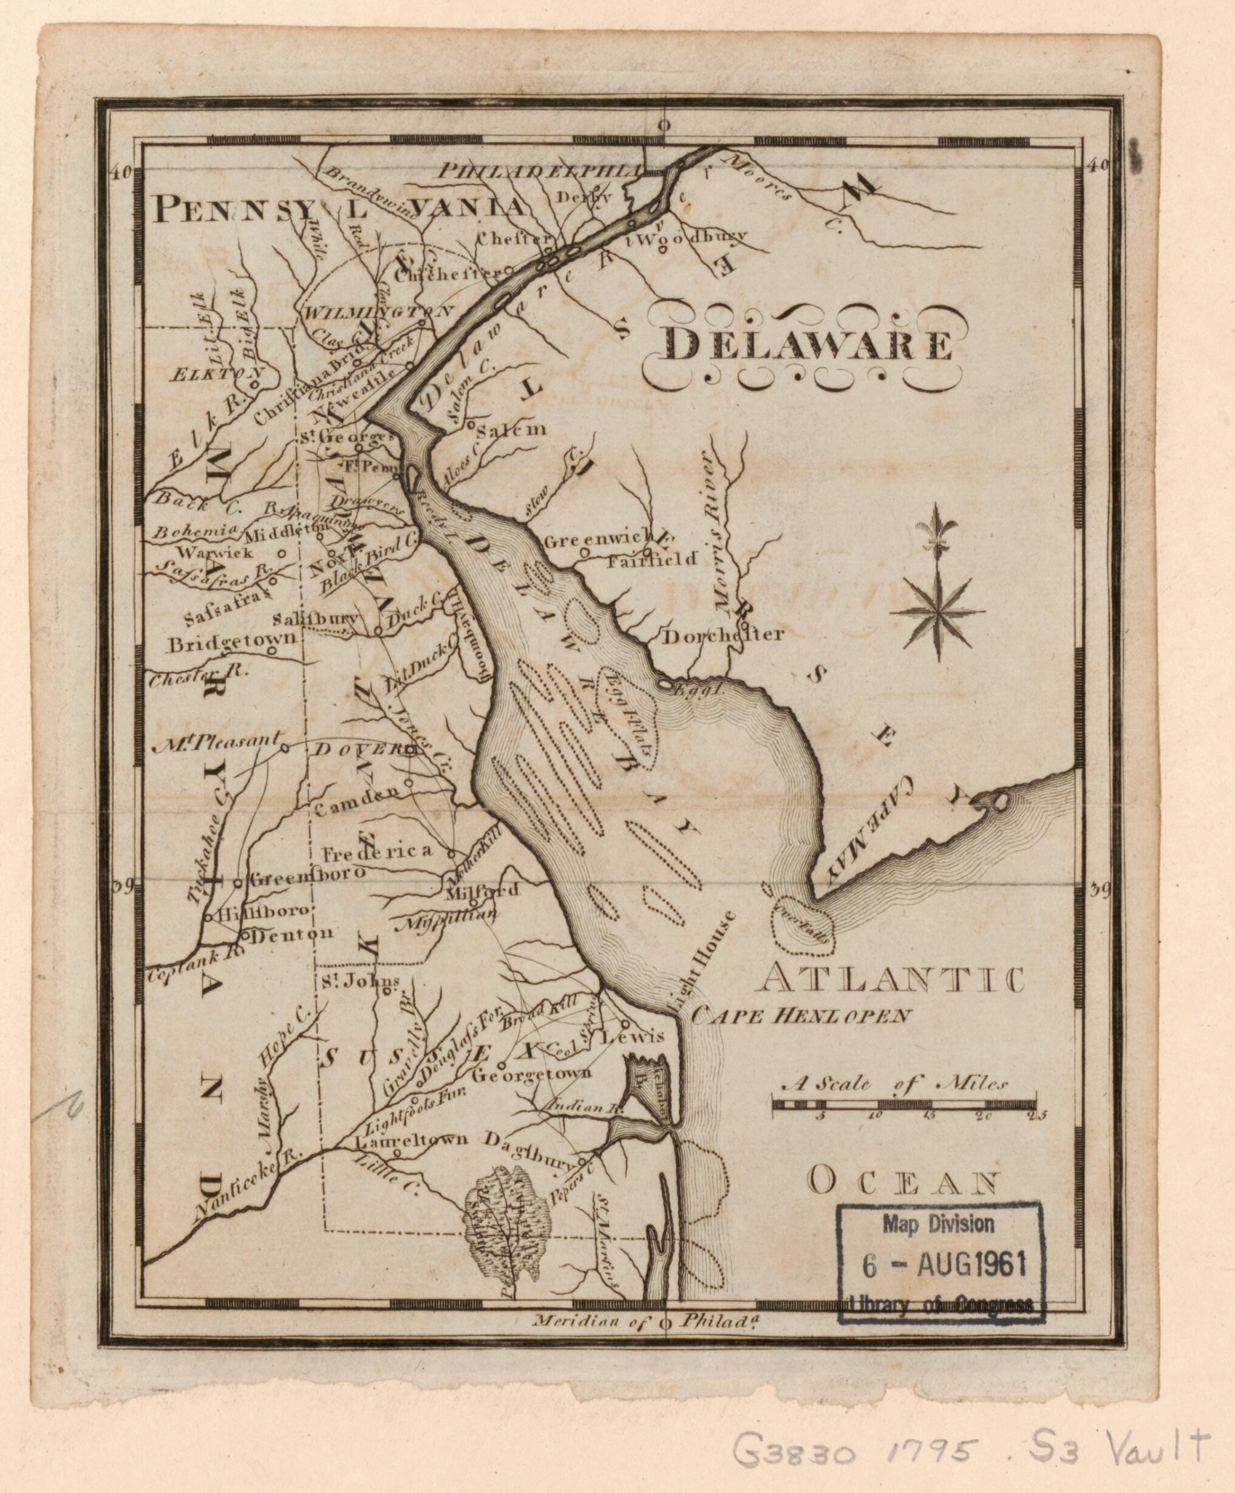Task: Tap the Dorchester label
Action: tap(723, 635)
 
